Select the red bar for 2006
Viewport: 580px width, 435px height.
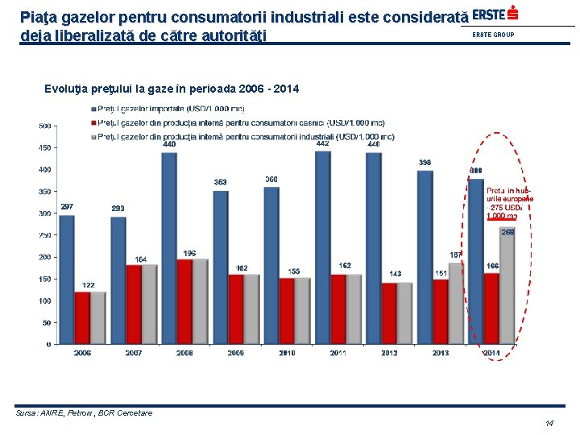tap(82, 317)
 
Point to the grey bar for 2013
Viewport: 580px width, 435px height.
tap(456, 303)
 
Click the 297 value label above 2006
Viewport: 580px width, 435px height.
tap(67, 207)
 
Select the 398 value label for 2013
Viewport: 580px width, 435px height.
tap(425, 163)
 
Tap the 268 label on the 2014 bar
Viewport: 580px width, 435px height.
tap(507, 232)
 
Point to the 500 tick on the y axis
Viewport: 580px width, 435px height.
tap(45, 126)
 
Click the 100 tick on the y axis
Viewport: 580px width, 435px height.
tap(45, 300)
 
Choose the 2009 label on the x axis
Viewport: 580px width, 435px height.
tap(235, 353)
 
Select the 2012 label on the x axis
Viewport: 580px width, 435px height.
tap(389, 353)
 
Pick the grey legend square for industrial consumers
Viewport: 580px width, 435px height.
tap(92, 137)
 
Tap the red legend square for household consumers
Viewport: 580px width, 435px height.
tap(92, 122)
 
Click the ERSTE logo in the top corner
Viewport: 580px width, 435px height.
tap(495, 14)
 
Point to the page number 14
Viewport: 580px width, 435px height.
tap(549, 423)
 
